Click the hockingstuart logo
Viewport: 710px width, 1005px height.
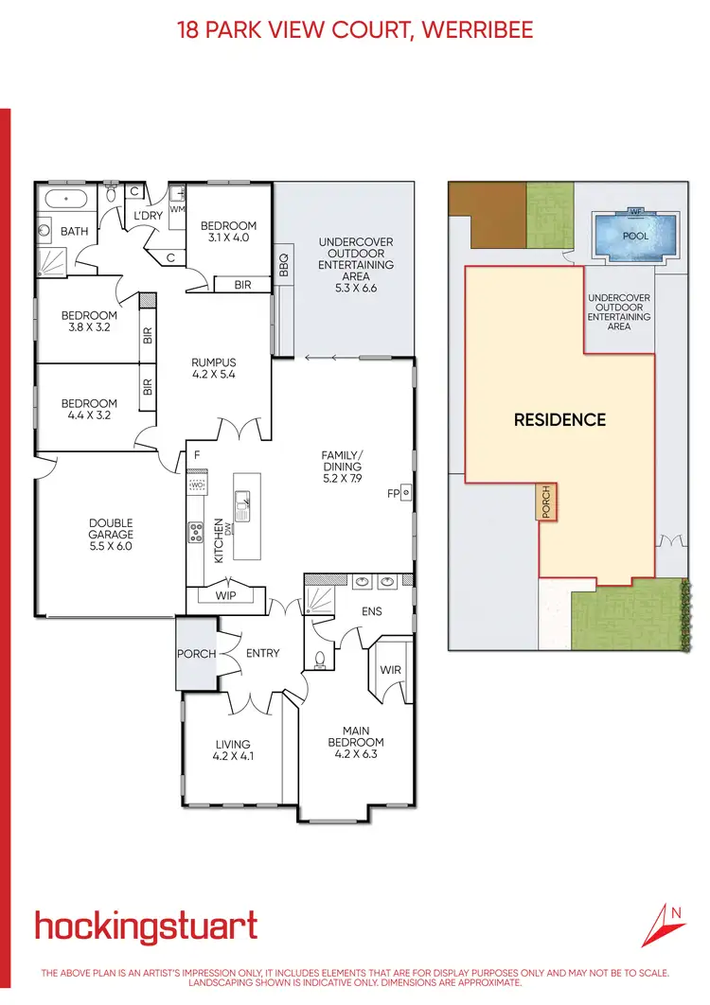(x=146, y=926)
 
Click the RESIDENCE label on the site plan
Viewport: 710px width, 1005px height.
(x=559, y=419)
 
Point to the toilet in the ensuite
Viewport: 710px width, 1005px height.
(x=320, y=658)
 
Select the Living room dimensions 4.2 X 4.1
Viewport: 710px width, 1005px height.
(x=233, y=756)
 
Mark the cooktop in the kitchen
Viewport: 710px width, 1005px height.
(x=197, y=533)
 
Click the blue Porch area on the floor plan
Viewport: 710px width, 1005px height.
(x=195, y=654)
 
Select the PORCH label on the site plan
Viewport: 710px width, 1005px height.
(x=545, y=502)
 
